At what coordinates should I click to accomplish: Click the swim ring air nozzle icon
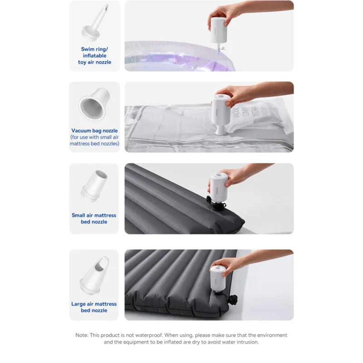95,23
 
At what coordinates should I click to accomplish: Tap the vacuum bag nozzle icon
94,104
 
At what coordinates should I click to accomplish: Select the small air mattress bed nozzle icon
94,186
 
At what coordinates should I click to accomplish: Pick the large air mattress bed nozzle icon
94,275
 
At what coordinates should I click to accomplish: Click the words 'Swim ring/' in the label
94,49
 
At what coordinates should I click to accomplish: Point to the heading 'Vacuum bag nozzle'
94,131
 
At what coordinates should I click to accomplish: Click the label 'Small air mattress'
94,215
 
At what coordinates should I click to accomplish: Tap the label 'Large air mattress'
94,304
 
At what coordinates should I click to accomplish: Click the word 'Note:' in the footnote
82,335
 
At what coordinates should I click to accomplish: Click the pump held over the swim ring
219,30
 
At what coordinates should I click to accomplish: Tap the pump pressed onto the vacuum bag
221,113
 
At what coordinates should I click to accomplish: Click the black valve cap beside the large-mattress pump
232,300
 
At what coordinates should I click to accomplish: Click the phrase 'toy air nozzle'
94,62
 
